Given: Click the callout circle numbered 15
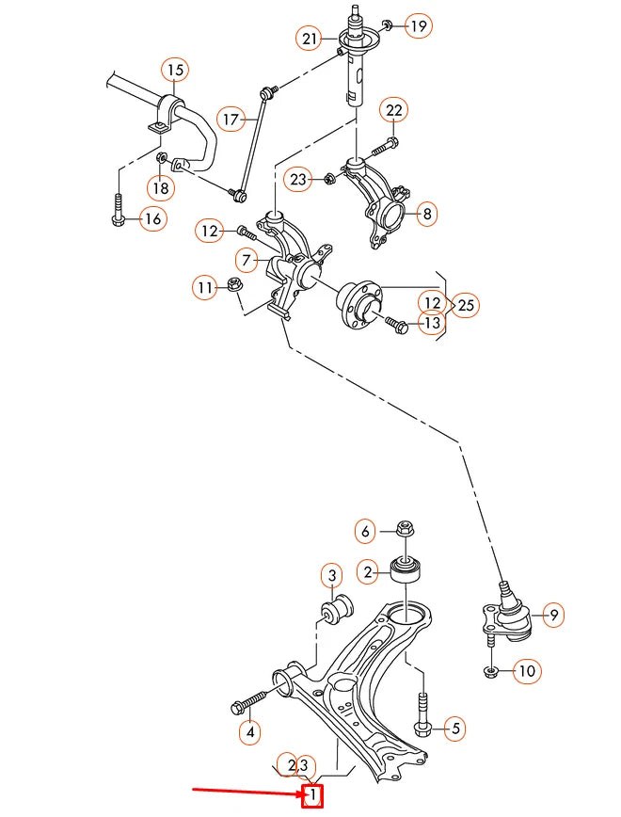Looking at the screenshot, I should [x=175, y=69].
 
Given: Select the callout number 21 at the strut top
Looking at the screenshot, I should [x=310, y=39].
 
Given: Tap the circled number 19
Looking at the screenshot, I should [x=418, y=25].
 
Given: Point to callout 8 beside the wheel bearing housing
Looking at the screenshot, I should [x=426, y=214].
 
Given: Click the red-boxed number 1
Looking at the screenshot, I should [x=312, y=798].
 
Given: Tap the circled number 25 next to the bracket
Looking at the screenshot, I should [x=467, y=305].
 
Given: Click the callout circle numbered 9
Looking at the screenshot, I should [x=554, y=616].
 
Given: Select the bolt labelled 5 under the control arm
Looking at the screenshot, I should [x=422, y=716].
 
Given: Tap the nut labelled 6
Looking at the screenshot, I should [x=406, y=529].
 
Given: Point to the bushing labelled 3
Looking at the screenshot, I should [x=334, y=609].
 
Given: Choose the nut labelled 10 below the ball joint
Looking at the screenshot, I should [x=491, y=670].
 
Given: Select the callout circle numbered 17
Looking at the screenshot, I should [x=231, y=119].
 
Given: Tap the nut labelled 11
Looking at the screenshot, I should [x=235, y=284].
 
